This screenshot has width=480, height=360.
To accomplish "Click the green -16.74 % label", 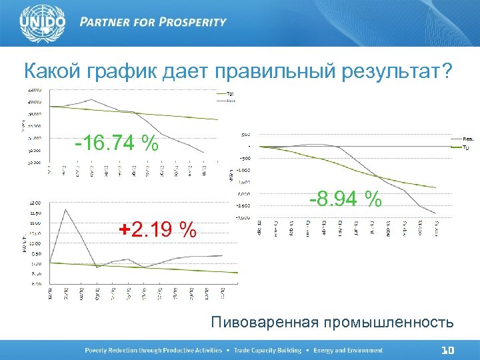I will [x=117, y=143].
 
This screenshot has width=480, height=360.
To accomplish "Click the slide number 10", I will [x=448, y=350].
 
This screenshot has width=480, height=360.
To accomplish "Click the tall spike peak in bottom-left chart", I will [x=65, y=209].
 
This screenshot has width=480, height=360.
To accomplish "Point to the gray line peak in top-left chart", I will [x=93, y=100].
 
